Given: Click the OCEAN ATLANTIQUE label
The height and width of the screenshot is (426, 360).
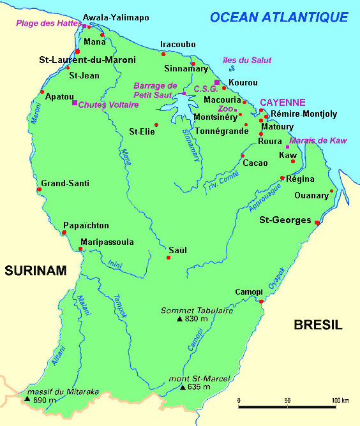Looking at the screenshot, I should coord(280,17).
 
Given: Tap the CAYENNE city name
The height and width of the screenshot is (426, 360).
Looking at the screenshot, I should coord(282,102).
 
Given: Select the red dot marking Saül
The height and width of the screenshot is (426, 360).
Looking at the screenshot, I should coord(169,258).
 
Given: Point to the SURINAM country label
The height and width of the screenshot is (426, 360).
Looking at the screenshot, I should coord(36,271).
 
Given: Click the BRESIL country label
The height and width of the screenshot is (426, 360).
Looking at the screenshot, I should coord(318,325).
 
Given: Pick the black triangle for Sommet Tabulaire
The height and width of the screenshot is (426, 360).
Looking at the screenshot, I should coord(180,318).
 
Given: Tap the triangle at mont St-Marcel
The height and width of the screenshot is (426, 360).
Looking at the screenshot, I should coord(183,387).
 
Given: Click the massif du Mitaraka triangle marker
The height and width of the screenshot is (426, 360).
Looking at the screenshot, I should coord(27,400).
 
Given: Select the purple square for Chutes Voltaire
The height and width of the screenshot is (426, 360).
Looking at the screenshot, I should coord(75,103).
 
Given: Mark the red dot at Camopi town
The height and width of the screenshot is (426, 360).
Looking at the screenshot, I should coord(260,301).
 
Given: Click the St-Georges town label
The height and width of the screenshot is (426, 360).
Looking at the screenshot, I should coord(285,221).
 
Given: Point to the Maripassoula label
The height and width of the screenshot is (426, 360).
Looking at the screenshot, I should coord(107,242).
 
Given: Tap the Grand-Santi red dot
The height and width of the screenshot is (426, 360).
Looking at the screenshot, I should coord(40,189).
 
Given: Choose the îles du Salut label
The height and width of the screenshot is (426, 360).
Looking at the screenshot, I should coord(242,60).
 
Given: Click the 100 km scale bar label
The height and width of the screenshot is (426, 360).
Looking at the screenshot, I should coord(340,400).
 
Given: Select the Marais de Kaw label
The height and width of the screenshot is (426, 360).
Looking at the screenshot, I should coord(318,140).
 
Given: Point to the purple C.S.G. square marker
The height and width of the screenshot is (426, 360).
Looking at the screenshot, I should coord(217,82).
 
